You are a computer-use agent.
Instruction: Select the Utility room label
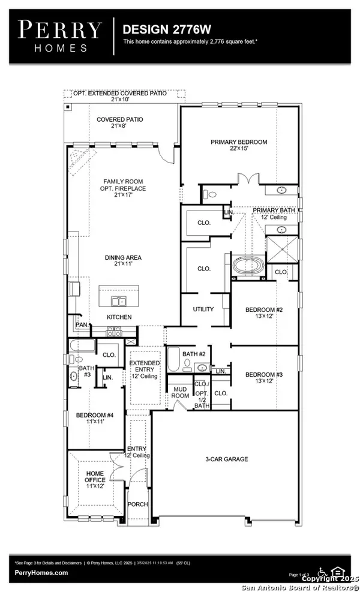tap(203, 309)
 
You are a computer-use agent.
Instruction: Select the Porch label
tap(138, 504)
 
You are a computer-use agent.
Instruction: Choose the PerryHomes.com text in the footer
tap(41, 573)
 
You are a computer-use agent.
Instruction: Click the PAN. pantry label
tap(81, 325)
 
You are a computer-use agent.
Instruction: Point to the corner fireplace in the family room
tap(79, 158)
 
